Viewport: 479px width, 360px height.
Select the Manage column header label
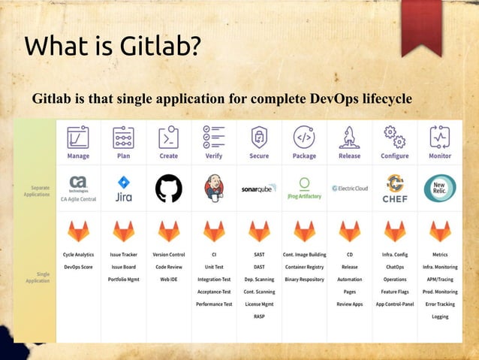tap(78, 156)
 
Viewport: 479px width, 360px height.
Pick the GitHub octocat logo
tap(168, 189)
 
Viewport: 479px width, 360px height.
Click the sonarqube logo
tap(259, 189)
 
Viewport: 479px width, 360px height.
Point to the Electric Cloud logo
tap(349, 189)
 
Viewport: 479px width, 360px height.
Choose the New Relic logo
tap(440, 189)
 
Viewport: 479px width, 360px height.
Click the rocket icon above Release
tap(349, 137)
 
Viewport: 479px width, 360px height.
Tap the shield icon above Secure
tap(259, 137)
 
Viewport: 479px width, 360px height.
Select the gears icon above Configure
tap(395, 137)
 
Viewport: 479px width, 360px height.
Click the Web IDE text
tap(168, 280)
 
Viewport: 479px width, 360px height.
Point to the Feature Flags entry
tap(395, 292)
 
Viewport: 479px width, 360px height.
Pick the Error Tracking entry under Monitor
tap(440, 304)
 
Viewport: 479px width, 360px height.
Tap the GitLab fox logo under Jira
tap(123, 230)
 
